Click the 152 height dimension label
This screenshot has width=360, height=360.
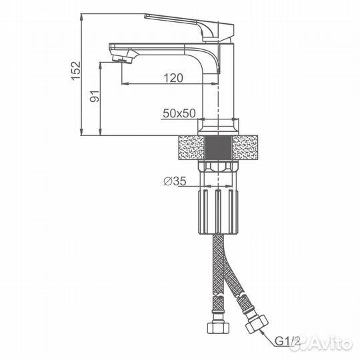[x=75, y=71]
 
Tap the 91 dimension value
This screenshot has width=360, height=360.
[x=95, y=97]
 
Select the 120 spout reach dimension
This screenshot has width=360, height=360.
[x=173, y=78]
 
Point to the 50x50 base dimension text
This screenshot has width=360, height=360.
[x=179, y=113]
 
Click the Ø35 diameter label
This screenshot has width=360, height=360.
[x=175, y=181]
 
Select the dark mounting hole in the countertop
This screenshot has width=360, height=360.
[x=219, y=147]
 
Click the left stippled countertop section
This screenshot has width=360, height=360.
[x=191, y=147]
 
